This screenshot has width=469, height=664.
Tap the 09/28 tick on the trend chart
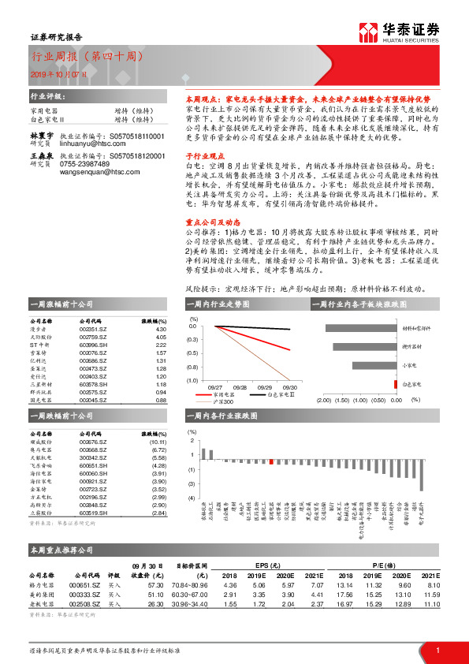(240, 387)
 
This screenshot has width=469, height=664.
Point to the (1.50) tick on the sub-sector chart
(341, 401)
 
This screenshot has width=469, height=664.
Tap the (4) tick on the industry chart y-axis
(191, 498)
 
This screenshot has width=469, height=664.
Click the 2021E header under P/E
(428, 576)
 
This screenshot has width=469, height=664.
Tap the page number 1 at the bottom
(437, 648)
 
